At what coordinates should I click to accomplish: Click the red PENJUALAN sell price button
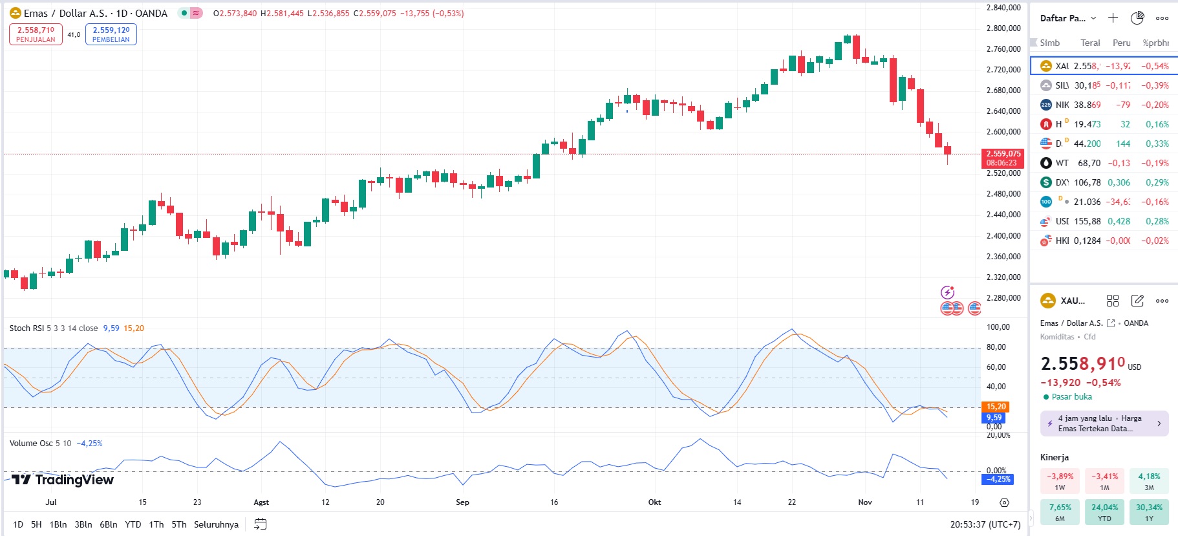coord(36,34)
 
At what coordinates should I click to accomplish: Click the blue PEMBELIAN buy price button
coord(111,34)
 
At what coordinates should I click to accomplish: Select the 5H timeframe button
coord(36,524)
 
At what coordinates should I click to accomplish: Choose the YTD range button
coord(133,524)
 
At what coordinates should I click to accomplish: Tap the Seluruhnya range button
coord(216,524)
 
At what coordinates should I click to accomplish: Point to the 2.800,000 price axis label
coord(1003,28)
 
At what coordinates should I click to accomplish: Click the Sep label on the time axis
coord(462,502)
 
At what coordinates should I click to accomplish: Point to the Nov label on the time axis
coord(864,502)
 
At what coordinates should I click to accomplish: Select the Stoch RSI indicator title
coord(27,328)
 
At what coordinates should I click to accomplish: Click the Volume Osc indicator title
coord(31,444)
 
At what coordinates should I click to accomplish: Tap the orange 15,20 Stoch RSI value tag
coord(996,407)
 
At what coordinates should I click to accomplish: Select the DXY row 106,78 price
coord(1087,182)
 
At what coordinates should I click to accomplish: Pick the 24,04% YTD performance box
coord(1104,512)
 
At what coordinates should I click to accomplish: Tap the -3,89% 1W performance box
coord(1060,481)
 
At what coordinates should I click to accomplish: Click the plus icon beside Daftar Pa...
coord(1113,18)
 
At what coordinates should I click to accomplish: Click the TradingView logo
coord(63,480)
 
